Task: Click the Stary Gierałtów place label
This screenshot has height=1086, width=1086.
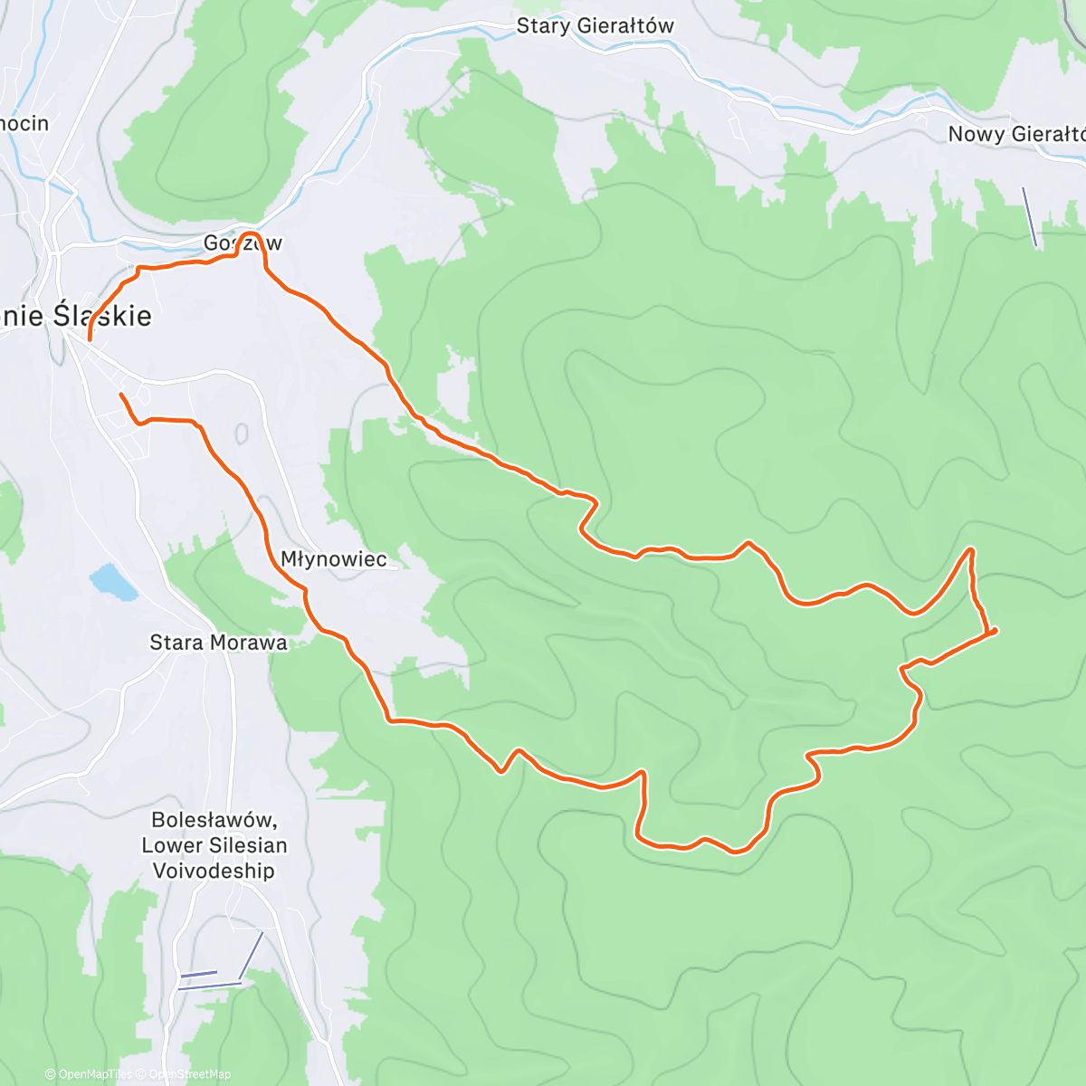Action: coord(595,26)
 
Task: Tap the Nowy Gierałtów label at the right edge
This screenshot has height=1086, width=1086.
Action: coord(1015,134)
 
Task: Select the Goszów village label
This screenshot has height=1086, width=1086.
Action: coord(243,243)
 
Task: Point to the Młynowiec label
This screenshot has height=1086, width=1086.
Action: coord(334,559)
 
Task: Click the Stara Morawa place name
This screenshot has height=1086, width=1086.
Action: coord(218,643)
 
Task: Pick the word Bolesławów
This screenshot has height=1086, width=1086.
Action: coord(214,820)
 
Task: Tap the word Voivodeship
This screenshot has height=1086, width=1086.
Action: coord(214,871)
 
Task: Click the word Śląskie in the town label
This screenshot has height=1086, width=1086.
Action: coord(101,316)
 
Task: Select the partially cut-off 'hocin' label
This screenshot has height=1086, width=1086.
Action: coord(24,123)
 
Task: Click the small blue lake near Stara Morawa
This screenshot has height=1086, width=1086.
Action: coord(113,582)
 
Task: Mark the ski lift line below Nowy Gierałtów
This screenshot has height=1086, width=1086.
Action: coord(1029,216)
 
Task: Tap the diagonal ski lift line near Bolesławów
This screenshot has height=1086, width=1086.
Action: coord(251,956)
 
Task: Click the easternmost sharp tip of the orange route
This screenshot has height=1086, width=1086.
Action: coord(996,629)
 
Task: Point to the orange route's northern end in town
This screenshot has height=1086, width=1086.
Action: coord(89,340)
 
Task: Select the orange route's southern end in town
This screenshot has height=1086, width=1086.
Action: coord(120,395)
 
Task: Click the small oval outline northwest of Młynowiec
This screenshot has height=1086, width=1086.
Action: coord(242,434)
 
